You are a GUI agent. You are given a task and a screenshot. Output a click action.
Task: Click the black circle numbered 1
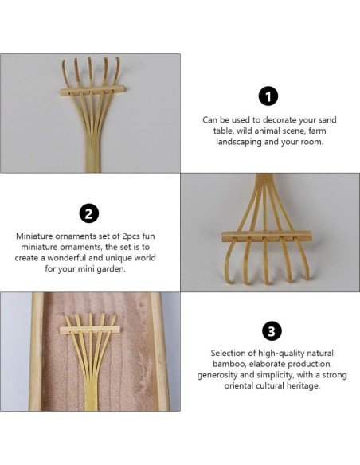tap(268, 96)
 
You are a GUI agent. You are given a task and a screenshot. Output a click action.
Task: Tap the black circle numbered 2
tap(89, 213)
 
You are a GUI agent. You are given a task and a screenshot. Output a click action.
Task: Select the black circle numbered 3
tap(272, 330)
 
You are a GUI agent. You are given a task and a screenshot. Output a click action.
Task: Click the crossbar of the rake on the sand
tap(89, 330)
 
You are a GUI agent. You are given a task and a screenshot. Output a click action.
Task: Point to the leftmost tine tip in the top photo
tap(64, 61)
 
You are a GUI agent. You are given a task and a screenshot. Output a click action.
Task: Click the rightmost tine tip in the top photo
tap(117, 59)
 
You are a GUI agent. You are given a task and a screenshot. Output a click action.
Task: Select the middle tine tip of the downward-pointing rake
tap(268, 283)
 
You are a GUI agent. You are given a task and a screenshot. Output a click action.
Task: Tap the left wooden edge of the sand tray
tap(37, 351)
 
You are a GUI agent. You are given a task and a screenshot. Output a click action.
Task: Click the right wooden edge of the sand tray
tap(160, 351)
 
